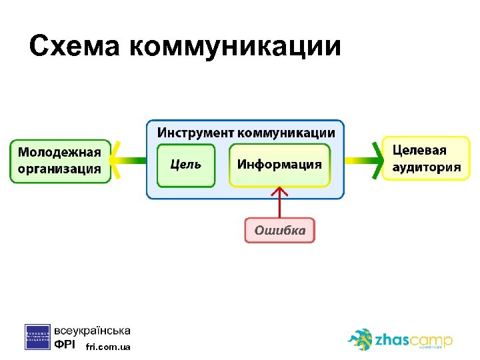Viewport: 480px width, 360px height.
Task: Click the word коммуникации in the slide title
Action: pos(235,47)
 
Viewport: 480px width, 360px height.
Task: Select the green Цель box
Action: pos(186,165)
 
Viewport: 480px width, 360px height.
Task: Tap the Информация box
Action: pos(279,165)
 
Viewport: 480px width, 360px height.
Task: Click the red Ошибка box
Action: pos(279,231)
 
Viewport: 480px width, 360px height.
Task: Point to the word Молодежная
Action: pos(59,152)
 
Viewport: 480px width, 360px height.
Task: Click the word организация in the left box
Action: pos(59,169)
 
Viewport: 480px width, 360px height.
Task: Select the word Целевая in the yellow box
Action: pos(419,151)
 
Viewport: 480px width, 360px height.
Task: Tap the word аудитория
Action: pos(426,167)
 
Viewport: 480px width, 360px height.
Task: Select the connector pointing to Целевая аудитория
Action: pos(363,161)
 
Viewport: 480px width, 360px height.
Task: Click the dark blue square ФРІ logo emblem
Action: pos(37,337)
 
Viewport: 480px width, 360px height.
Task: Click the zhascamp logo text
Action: pos(413,341)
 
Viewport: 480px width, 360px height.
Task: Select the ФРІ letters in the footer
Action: pos(65,345)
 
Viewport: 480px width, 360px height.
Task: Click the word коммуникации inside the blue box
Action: pos(288,132)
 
